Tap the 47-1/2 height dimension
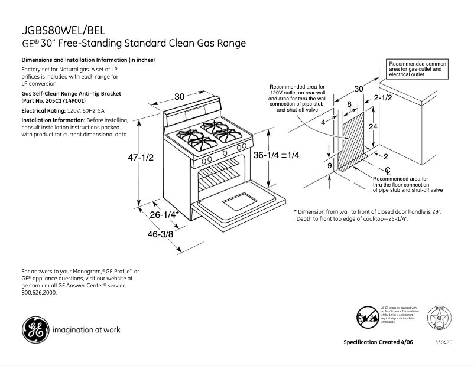pos(141,158)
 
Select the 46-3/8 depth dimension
pos(160,234)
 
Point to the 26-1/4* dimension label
pos(164,215)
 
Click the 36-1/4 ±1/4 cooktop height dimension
pos(277,155)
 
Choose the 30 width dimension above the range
pos(179,97)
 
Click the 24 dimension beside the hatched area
pos(374,126)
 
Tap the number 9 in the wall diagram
pos(329,166)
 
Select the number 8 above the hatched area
pos(349,104)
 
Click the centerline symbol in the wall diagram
pos(371,171)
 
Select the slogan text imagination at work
pos(86,330)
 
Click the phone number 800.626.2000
pos(39,292)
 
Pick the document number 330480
pos(444,342)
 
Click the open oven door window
pos(240,202)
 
